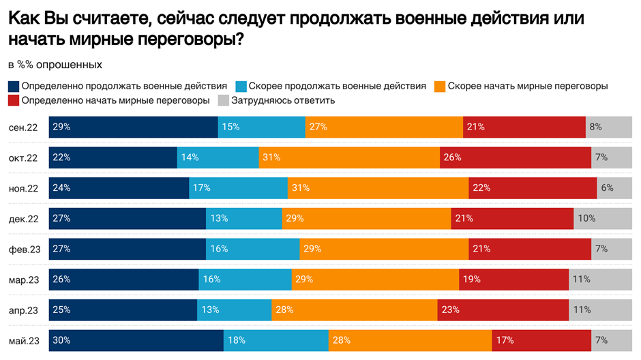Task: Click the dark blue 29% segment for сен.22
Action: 133,127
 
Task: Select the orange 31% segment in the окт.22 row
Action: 349,157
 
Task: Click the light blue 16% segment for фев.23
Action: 252,249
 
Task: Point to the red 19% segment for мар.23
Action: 513,280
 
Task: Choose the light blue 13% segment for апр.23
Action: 234,310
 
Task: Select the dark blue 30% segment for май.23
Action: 136,340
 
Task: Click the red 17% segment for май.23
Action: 541,340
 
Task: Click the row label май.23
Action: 23,340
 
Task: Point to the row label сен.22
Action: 23,127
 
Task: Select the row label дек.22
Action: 23,219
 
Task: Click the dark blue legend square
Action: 14,87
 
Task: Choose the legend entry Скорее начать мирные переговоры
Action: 527,87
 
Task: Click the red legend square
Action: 14,101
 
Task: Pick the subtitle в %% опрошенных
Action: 55,65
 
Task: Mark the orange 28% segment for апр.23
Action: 355,310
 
